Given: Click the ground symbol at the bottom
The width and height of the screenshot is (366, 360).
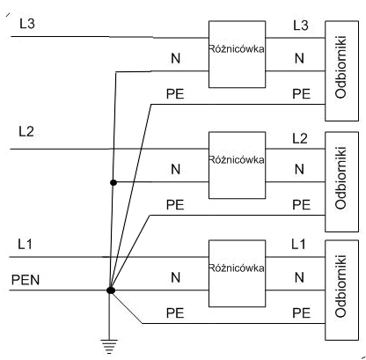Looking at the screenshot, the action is pyautogui.click(x=109, y=346).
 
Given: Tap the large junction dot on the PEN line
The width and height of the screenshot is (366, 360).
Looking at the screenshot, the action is pyautogui.click(x=111, y=290).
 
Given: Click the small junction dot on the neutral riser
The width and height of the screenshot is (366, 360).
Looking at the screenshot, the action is pyautogui.click(x=113, y=183).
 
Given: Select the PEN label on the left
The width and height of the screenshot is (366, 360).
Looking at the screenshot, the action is pyautogui.click(x=26, y=280).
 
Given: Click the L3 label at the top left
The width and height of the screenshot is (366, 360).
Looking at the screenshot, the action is pyautogui.click(x=27, y=24).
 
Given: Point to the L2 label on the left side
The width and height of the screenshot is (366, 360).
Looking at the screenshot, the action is pyautogui.click(x=26, y=132).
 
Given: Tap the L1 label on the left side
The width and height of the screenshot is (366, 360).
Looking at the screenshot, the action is pyautogui.click(x=26, y=244).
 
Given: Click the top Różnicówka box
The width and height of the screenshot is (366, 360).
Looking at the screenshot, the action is pyautogui.click(x=237, y=55).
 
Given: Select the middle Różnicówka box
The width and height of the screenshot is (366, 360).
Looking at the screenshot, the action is pyautogui.click(x=237, y=165).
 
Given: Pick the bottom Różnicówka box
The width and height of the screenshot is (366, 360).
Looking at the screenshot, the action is pyautogui.click(x=237, y=274).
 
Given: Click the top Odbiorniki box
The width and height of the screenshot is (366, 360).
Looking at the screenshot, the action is pyautogui.click(x=341, y=70).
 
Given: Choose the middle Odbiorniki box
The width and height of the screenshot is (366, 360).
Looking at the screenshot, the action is pyautogui.click(x=341, y=181).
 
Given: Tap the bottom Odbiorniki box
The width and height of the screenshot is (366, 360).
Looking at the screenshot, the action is pyautogui.click(x=341, y=290).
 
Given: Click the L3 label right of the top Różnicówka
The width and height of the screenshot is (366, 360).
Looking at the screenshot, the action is pyautogui.click(x=301, y=26).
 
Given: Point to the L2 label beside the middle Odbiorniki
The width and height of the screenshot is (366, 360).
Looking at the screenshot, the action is pyautogui.click(x=300, y=138).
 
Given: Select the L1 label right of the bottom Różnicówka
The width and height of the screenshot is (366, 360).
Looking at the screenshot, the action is pyautogui.click(x=298, y=244).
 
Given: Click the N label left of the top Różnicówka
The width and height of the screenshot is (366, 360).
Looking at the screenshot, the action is pyautogui.click(x=176, y=58).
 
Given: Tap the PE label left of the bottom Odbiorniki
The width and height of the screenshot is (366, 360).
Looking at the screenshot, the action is pyautogui.click(x=302, y=313).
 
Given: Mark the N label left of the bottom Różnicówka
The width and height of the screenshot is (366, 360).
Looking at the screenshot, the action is pyautogui.click(x=176, y=277).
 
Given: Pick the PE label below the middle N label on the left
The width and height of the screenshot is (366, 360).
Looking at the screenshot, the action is pyautogui.click(x=175, y=204).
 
